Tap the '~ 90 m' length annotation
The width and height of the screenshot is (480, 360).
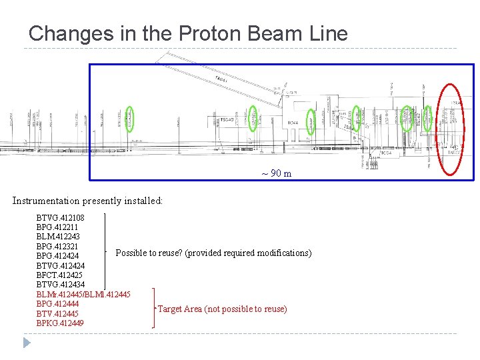click(x=276, y=174)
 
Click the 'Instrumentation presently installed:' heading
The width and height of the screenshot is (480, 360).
click(x=87, y=201)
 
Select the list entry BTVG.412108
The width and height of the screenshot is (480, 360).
click(x=60, y=217)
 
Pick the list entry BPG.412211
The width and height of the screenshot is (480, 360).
click(x=57, y=227)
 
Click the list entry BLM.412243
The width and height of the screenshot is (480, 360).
click(x=57, y=237)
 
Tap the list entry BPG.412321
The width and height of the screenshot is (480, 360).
click(x=57, y=247)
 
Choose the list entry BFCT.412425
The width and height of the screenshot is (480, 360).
click(x=60, y=275)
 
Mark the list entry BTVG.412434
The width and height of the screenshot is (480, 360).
click(x=60, y=285)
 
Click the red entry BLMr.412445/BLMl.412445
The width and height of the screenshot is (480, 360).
click(x=83, y=294)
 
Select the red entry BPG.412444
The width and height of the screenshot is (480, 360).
click(x=57, y=304)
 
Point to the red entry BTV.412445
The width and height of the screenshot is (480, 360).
click(x=57, y=313)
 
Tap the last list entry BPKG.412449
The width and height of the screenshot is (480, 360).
click(x=60, y=323)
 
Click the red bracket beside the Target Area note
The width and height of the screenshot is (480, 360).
click(x=153, y=308)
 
